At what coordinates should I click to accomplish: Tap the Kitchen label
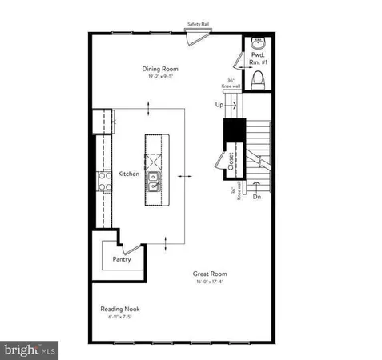point(129,174)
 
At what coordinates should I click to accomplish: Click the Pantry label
point(121,258)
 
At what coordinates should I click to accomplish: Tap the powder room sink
point(258,43)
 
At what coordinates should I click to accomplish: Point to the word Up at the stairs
point(219,105)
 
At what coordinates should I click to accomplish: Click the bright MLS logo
point(30,349)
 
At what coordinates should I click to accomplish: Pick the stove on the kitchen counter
point(102,182)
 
